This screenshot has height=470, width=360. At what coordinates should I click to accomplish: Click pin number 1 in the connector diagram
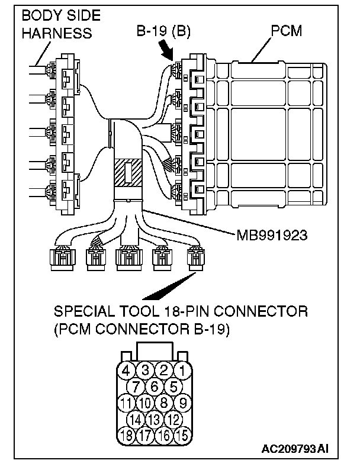185,371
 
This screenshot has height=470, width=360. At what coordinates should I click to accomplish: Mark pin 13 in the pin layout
155,420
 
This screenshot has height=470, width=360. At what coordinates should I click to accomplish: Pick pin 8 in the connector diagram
165,404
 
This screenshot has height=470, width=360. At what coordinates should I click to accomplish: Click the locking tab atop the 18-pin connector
155,352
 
